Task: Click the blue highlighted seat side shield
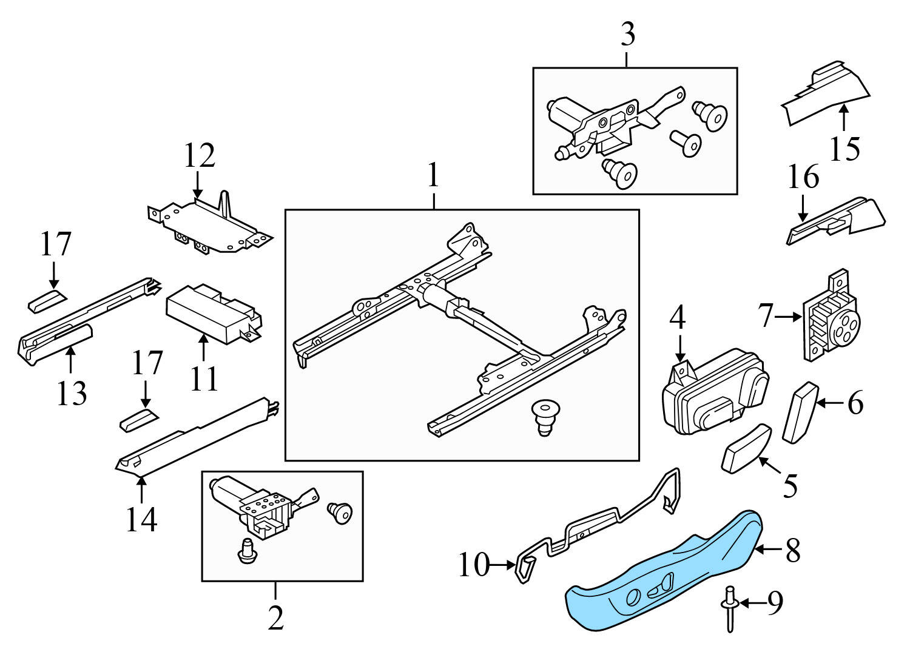coord(661,576)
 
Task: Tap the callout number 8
coord(793,551)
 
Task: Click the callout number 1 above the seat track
coord(433,176)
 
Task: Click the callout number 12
coord(200,156)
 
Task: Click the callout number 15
coord(844,149)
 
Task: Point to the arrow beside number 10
coord(503,565)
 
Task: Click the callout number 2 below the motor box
coord(275,618)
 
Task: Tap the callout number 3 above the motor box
coord(628,35)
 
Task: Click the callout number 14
coord(141,519)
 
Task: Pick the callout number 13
coord(72,393)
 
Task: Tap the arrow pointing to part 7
coord(789,317)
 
